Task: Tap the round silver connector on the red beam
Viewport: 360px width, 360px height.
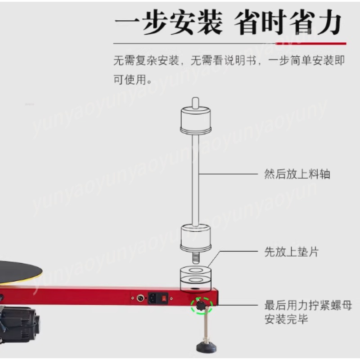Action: (140, 298)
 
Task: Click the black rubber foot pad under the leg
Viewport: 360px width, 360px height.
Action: (206, 346)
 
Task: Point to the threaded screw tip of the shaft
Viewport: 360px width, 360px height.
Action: (195, 257)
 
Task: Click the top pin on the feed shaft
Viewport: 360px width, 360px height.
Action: (195, 103)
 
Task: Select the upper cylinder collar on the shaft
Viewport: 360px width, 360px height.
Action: (196, 120)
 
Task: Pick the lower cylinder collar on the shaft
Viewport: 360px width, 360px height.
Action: (196, 238)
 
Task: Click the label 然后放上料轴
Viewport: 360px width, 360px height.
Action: (297, 174)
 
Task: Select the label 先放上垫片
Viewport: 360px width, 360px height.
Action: (291, 252)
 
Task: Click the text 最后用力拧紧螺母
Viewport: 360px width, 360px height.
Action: (308, 306)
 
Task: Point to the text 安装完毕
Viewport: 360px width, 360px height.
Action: (286, 319)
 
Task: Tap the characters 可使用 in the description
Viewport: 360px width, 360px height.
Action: (130, 80)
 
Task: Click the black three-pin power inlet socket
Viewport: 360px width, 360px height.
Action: (153, 298)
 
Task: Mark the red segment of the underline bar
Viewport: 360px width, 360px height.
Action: (311, 43)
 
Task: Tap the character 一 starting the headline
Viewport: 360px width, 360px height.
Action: (127, 22)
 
